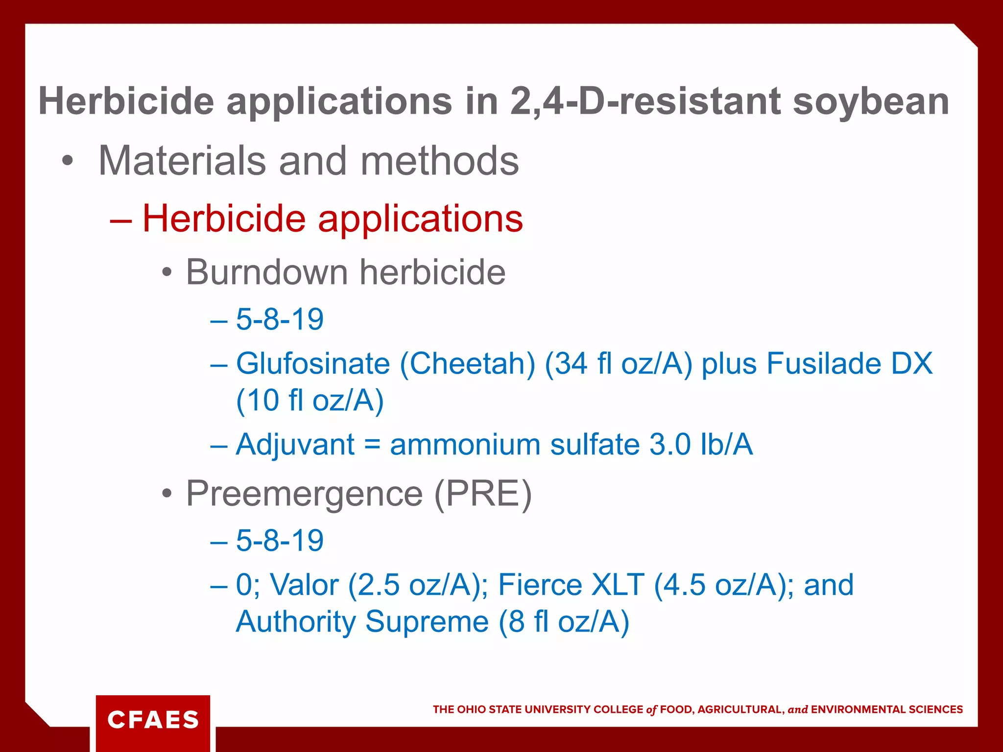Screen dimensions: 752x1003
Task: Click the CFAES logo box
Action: tap(153, 720)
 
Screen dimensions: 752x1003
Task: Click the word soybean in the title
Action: tap(871, 102)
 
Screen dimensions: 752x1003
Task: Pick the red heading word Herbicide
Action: tap(224, 218)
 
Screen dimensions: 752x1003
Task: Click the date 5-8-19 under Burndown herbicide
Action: tap(280, 319)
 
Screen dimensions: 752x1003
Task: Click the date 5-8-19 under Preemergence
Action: tap(280, 540)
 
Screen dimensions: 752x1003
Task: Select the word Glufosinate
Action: tap(313, 364)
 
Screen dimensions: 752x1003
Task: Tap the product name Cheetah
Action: tap(468, 364)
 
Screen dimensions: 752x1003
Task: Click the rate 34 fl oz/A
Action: tap(619, 364)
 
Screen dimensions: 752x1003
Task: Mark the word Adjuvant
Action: tap(295, 445)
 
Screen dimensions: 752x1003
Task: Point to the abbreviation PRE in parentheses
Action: tap(482, 494)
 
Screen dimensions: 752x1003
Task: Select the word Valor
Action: tap(304, 585)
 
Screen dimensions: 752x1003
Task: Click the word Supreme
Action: tap(427, 622)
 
